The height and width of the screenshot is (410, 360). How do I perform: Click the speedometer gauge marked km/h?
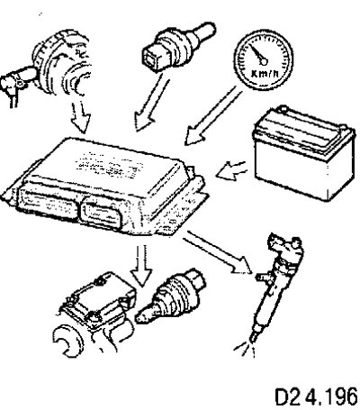tap(263, 60)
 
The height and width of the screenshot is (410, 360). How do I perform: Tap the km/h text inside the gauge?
tap(263, 74)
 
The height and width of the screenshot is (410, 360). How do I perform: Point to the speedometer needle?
tap(258, 55)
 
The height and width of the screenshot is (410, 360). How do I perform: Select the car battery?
tap(304, 152)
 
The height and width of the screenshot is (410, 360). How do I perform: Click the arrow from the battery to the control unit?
tap(231, 170)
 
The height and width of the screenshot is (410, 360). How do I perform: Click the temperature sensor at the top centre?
tap(177, 46)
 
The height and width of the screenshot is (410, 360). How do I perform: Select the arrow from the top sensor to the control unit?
tap(150, 103)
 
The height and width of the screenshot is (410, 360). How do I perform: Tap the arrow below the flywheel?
tap(80, 118)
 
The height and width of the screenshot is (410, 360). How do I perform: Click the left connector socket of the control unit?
tap(48, 205)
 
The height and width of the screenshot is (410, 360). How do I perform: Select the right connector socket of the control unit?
tap(102, 215)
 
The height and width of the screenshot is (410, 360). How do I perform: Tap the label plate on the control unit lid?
tap(108, 165)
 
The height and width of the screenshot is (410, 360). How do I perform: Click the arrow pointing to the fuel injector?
tap(217, 251)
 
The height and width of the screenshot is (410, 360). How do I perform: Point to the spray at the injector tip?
tap(246, 350)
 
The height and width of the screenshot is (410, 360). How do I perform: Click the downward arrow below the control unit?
tap(141, 266)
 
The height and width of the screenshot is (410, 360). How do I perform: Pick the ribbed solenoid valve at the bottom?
tap(171, 297)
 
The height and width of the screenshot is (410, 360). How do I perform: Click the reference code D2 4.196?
tap(317, 396)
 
